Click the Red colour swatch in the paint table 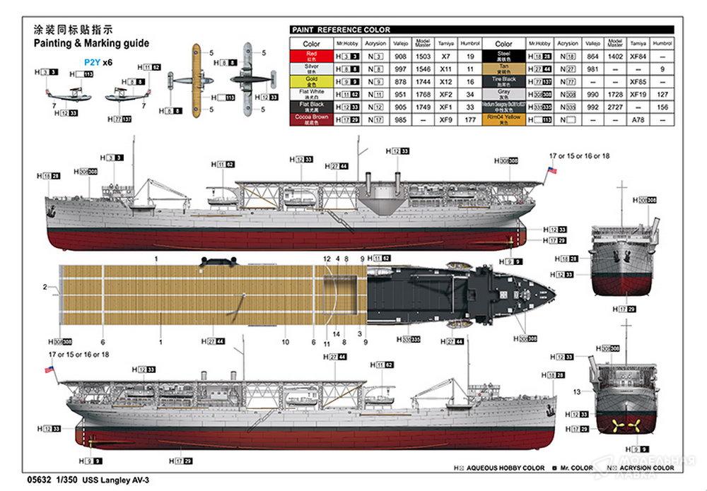[x=311, y=56]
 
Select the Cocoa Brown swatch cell [x=311, y=120]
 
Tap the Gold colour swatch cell [x=311, y=81]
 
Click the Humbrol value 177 [x=469, y=120]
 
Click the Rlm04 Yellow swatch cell [x=504, y=120]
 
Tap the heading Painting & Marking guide [x=91, y=43]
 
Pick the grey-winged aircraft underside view [x=247, y=78]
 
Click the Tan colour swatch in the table [x=504, y=69]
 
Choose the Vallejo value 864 [x=593, y=56]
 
